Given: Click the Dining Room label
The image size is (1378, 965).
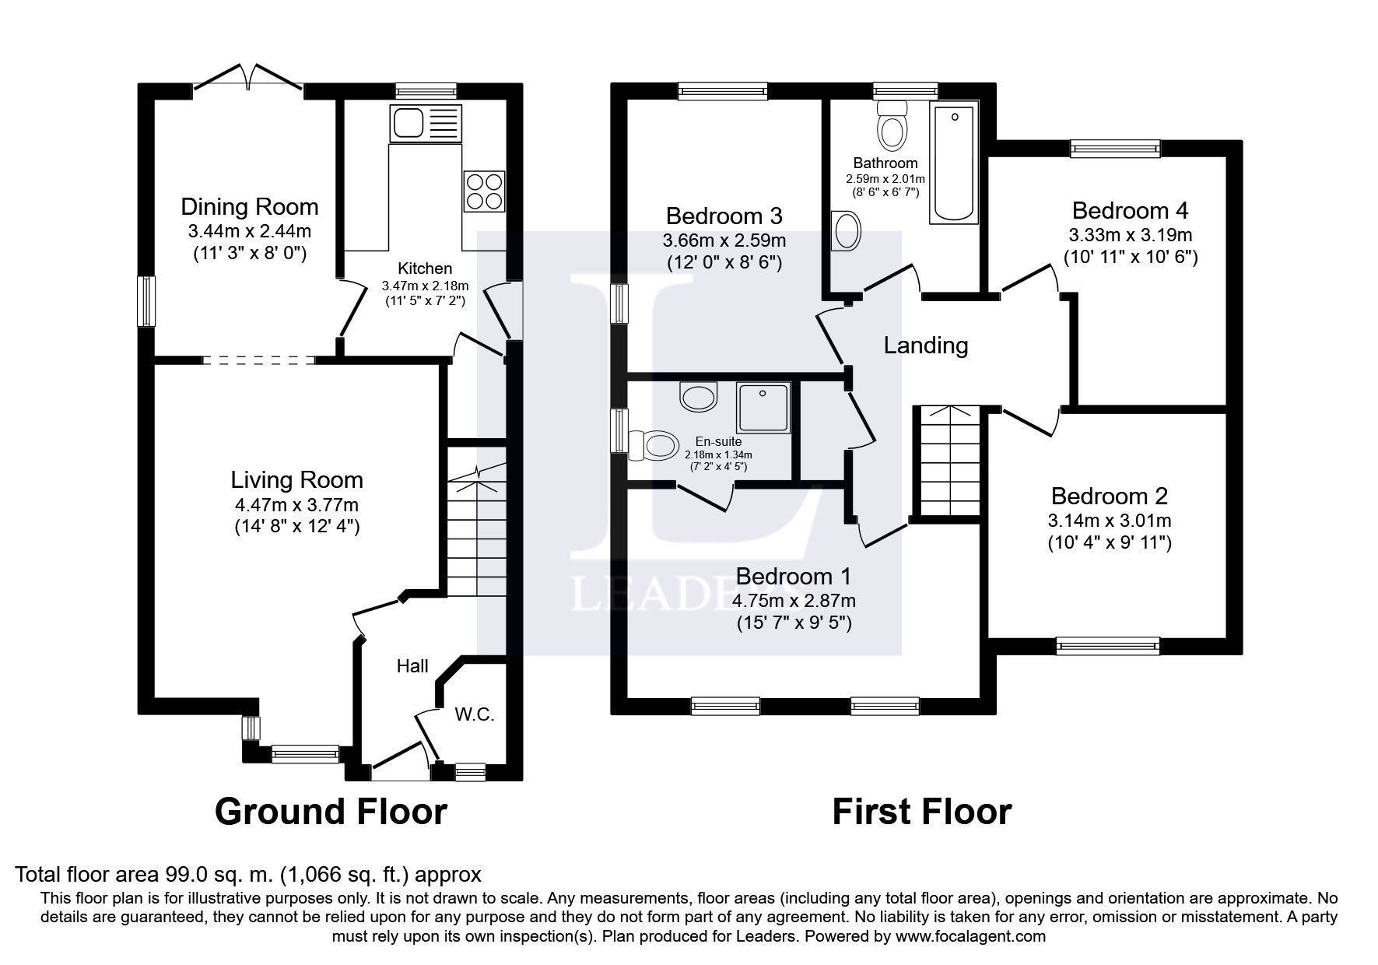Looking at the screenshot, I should click(249, 207).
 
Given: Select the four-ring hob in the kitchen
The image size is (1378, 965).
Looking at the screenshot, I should click(483, 190).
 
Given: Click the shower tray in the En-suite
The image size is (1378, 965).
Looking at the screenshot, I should click(763, 407).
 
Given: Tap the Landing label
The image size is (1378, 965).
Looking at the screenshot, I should click(925, 345).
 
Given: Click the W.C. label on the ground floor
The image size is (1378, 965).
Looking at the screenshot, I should click(475, 714).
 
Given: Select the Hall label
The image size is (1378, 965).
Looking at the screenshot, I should click(412, 666).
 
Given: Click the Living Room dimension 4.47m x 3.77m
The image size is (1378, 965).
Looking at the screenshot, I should click(296, 504).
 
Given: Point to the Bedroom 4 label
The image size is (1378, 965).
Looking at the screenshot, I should click(1130, 211).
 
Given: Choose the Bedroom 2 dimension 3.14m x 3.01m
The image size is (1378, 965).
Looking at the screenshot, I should click(1109, 520).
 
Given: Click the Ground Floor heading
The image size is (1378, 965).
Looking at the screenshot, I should click(330, 812).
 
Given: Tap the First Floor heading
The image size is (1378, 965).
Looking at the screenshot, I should click(921, 812).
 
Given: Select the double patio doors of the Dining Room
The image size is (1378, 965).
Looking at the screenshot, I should click(247, 79).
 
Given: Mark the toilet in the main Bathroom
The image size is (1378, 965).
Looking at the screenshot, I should click(892, 127).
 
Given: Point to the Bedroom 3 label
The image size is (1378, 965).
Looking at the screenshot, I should click(724, 216).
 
